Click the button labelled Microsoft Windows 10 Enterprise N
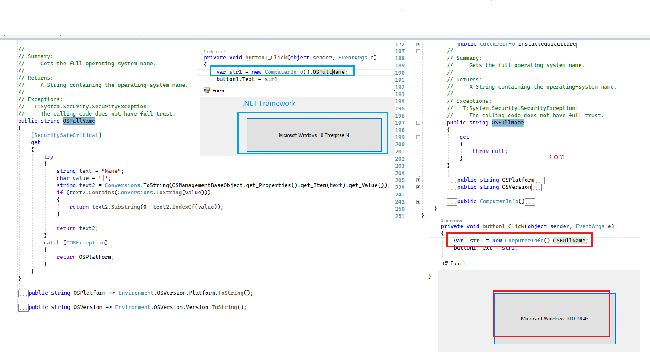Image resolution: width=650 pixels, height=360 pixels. (314, 135)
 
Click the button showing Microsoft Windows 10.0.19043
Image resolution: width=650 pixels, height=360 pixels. (554, 318)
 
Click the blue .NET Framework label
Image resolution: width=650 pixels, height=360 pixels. (269, 103)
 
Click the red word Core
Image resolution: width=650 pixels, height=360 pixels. (556, 156)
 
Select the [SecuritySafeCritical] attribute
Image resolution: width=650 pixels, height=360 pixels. (66, 135)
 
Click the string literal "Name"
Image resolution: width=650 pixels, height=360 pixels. (111, 171)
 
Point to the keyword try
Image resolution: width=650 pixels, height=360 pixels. (48, 157)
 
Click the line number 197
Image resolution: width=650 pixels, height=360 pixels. (400, 123)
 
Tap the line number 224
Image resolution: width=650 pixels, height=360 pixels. (400, 188)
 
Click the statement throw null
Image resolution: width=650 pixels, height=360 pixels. (489, 151)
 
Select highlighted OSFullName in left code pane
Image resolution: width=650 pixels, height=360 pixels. (79, 121)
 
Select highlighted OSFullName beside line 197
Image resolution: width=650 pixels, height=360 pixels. (508, 123)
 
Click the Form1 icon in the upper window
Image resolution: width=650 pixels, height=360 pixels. (207, 90)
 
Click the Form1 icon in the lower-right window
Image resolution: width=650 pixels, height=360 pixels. (445, 263)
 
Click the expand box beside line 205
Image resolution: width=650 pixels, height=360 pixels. (418, 180)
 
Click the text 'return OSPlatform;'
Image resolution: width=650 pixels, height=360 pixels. (85, 257)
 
